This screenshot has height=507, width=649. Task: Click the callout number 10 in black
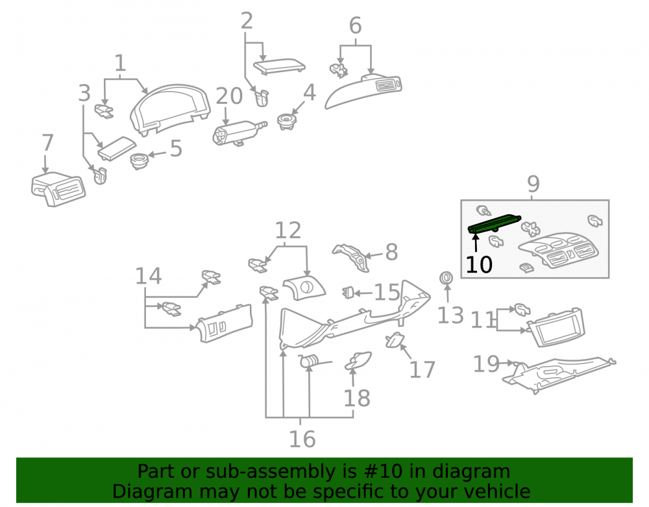479,264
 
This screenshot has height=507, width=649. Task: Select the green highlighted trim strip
494,224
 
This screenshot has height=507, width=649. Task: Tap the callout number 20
229,96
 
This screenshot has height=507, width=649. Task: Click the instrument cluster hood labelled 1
169,109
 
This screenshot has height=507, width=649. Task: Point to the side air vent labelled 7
58,189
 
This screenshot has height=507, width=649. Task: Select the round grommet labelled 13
446,278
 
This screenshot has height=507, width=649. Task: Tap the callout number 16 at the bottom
302,439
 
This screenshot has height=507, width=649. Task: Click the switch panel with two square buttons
224,324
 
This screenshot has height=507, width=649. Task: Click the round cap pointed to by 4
286,121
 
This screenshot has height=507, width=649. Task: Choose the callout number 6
355,26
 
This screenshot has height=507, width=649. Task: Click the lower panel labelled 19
559,375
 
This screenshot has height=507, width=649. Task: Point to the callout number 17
422,369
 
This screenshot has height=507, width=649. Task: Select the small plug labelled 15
348,293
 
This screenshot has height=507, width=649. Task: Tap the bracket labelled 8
351,258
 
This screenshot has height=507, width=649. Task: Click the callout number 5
177,148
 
